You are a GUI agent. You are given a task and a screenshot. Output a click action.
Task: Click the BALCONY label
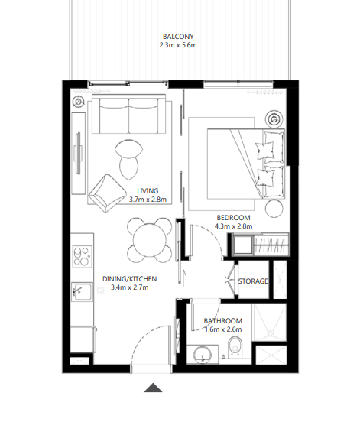pos(177,36)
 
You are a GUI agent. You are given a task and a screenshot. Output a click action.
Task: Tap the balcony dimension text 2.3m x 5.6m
pos(177,46)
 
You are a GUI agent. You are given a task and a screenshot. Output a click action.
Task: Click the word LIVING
pos(148,191)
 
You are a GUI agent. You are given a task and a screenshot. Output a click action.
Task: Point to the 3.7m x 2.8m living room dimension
pos(148,200)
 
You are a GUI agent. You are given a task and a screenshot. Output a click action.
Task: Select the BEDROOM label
pos(232,216)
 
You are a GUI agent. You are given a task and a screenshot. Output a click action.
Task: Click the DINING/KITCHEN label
pos(129,279)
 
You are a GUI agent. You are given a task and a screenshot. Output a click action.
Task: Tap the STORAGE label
pos(253,281)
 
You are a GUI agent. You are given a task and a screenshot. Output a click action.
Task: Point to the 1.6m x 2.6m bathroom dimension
pos(222,330)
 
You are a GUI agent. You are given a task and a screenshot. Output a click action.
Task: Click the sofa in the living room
pos(128,115)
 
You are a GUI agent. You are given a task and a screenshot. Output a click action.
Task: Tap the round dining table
pos(148,239)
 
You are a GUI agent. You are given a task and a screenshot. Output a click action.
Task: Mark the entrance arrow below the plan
pos(154,388)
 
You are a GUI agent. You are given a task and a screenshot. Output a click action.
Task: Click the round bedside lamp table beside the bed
pos(273,118)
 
